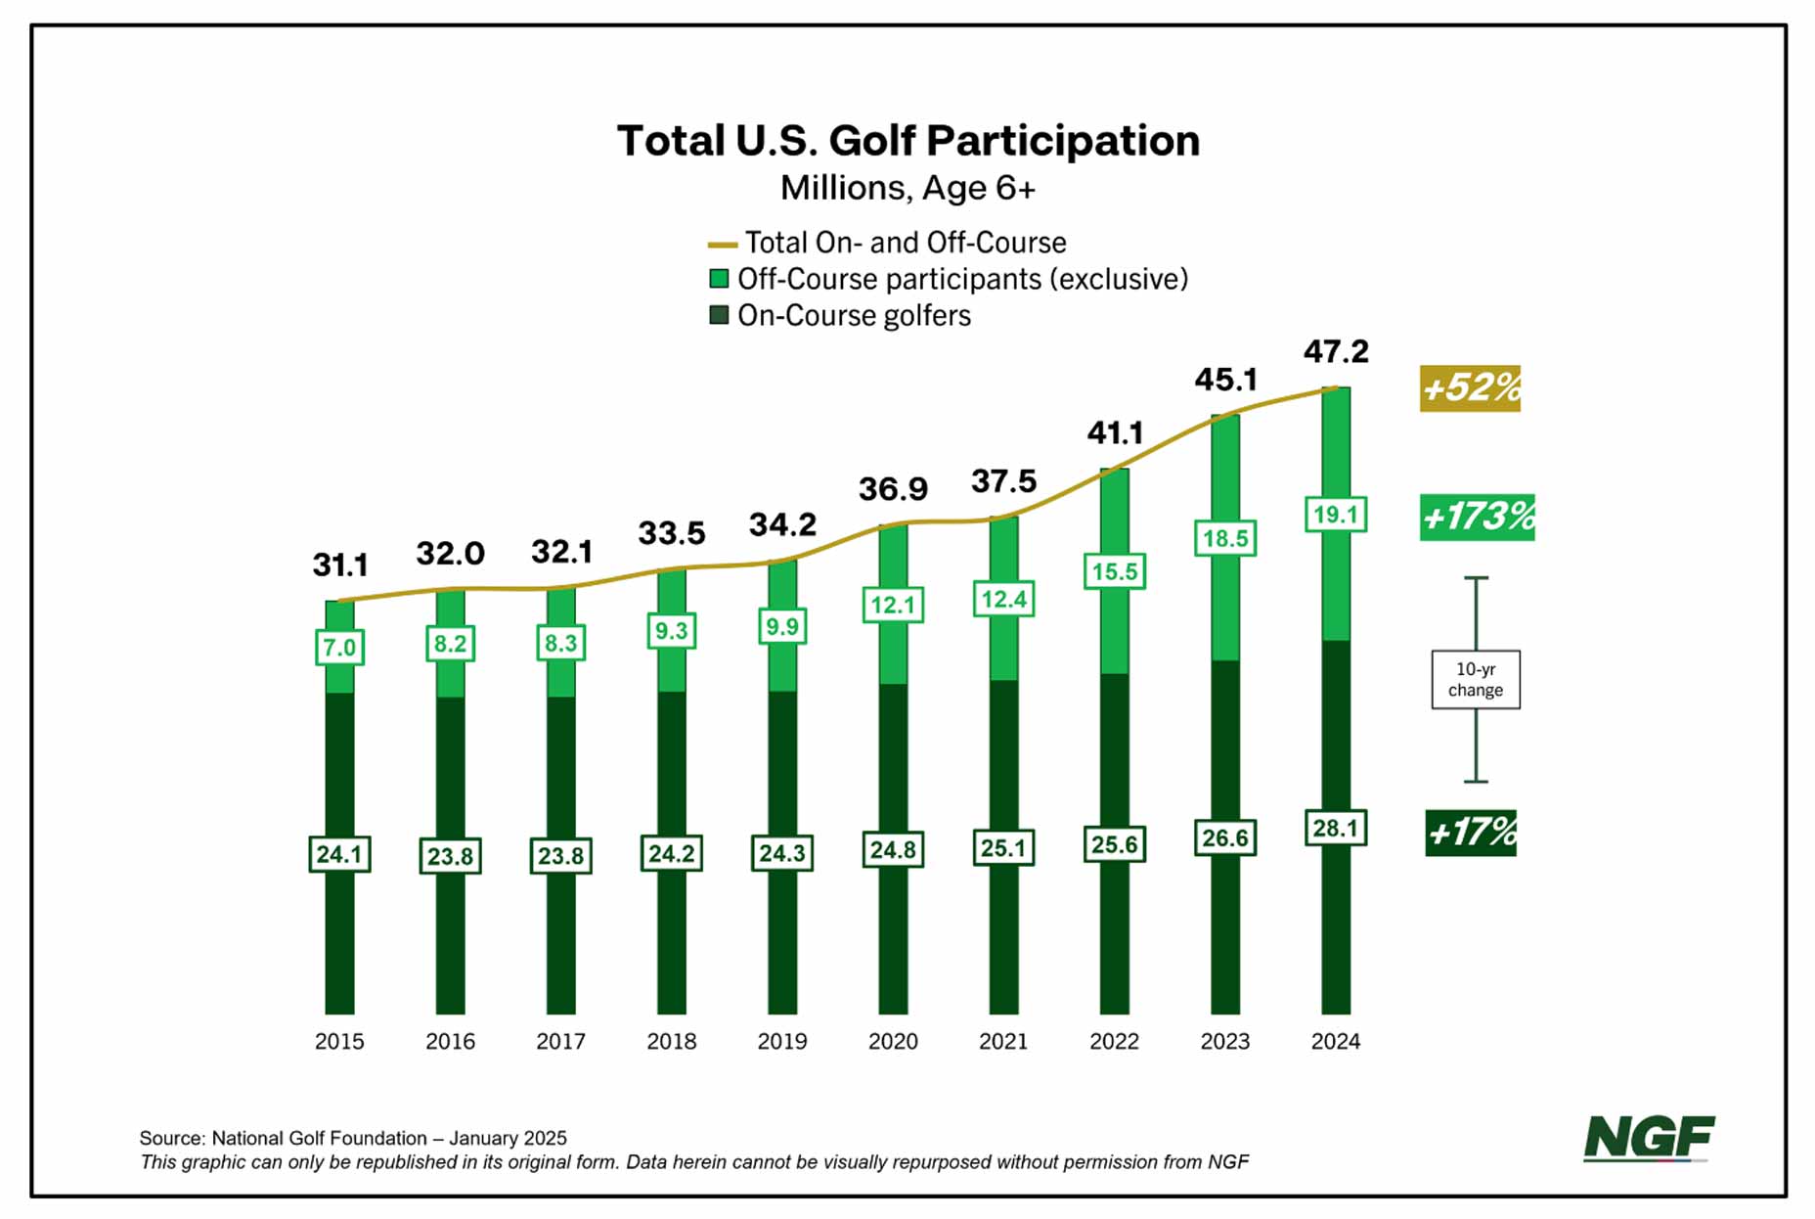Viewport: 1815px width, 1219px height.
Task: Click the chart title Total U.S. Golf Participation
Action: pos(907,141)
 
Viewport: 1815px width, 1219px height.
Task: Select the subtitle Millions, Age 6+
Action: pos(907,187)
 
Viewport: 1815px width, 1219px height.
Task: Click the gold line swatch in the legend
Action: pos(722,245)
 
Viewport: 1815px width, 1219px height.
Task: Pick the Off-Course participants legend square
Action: pos(719,279)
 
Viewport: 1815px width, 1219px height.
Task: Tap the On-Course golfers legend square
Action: pos(719,315)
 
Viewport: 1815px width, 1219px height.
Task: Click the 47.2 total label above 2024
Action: pos(1335,351)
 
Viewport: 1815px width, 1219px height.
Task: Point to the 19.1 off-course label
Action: pos(1335,515)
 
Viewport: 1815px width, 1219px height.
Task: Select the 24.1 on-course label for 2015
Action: pos(339,854)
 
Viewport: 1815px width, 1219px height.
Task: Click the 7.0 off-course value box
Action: pos(339,648)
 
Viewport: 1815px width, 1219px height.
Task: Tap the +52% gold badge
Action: pos(1470,387)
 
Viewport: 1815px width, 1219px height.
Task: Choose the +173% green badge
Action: pos(1477,517)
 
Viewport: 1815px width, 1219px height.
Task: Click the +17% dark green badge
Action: pos(1470,833)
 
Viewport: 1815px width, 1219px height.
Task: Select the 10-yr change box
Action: pos(1475,679)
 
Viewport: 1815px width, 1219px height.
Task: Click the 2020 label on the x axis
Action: pos(893,1041)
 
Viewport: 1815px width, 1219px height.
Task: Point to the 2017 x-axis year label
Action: pos(560,1041)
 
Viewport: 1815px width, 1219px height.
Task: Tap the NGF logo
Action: pos(1648,1138)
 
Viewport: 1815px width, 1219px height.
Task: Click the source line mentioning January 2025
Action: pos(353,1138)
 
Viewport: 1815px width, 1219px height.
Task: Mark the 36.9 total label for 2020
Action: pos(893,488)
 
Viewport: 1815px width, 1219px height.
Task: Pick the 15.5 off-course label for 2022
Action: pos(1114,571)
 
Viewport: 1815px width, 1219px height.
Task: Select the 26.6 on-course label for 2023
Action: pos(1224,838)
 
